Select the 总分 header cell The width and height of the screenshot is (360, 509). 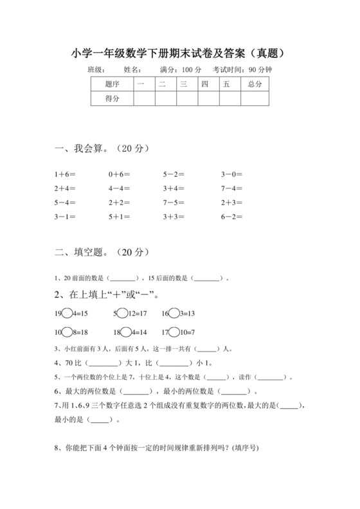point(255,84)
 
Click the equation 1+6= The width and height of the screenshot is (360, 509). point(66,174)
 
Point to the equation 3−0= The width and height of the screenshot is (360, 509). point(232,174)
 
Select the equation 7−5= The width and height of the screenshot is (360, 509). point(174,202)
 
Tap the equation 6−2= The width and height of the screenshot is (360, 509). point(232,217)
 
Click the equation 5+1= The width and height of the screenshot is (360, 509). point(120,217)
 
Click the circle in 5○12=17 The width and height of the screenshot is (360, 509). point(122,313)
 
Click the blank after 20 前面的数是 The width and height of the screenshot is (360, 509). point(123,280)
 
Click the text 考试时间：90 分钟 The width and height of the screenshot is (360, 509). point(242,69)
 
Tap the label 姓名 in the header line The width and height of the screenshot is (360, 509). point(131,69)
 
